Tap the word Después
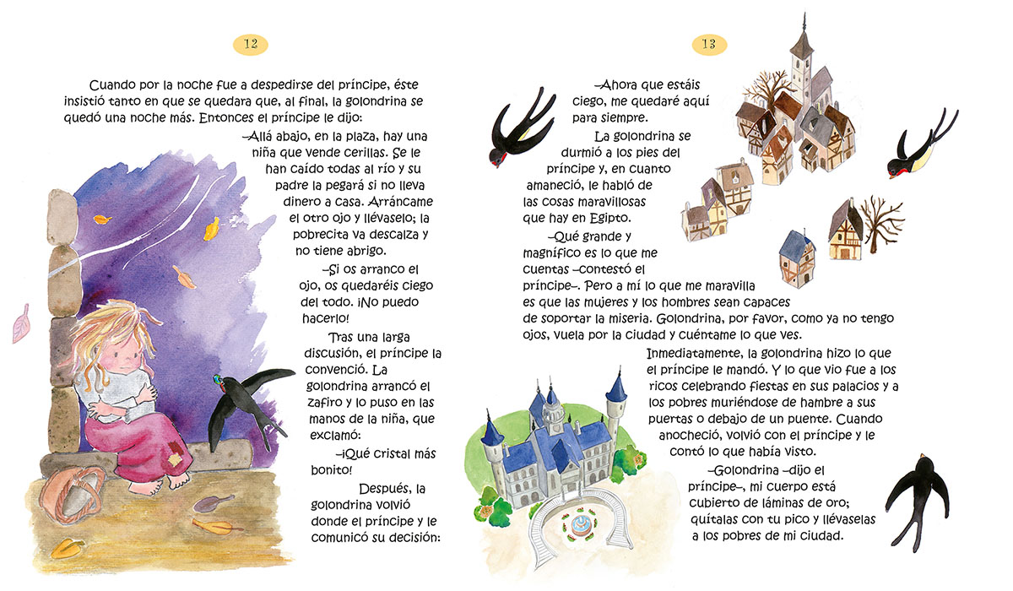point(384,488)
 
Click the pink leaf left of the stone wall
point(21,324)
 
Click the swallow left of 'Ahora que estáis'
point(519,131)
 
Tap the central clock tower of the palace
point(554,409)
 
